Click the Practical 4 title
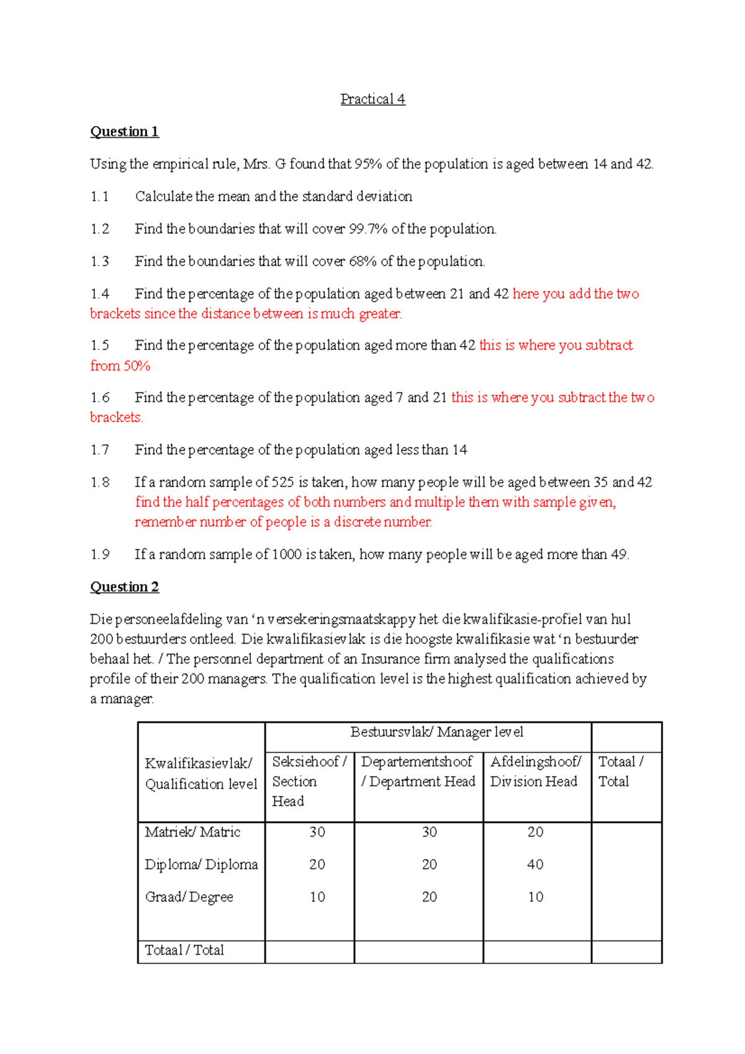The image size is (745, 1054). [372, 99]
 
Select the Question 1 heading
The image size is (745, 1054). [124, 132]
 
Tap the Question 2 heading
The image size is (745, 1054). [124, 587]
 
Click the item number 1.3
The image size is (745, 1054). [99, 261]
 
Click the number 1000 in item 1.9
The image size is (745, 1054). [287, 554]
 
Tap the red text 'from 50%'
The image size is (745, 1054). [120, 366]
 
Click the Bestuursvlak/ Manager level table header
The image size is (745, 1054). [436, 732]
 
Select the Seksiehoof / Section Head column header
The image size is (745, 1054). [309, 781]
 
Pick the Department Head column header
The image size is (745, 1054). [418, 772]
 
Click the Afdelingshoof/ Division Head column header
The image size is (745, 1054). [535, 772]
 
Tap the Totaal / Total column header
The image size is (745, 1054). [621, 772]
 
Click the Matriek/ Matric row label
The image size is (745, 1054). [192, 832]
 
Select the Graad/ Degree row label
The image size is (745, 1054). [189, 897]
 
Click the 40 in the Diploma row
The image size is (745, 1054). [535, 865]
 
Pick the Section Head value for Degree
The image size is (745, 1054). [317, 897]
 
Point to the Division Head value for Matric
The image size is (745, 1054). [535, 832]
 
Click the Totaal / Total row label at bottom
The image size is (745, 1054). [184, 950]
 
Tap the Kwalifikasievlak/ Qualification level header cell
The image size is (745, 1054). [201, 773]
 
